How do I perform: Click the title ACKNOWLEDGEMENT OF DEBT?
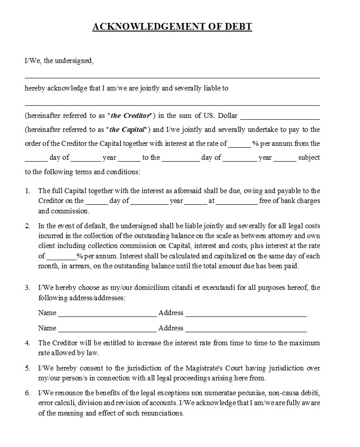172,27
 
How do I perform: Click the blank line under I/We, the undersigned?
172,77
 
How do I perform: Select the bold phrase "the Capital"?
128,130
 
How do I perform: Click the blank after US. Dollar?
280,118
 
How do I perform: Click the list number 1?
27,191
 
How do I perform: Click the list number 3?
27,288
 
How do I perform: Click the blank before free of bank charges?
237,203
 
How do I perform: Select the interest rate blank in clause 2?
61,258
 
